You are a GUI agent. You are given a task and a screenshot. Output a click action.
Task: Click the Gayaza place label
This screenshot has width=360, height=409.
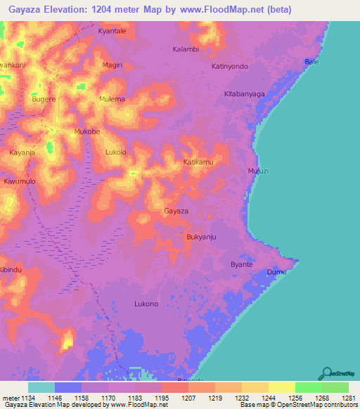pyautogui.click(x=176, y=211)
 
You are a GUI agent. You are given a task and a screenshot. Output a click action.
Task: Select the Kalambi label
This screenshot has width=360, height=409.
pyautogui.click(x=186, y=49)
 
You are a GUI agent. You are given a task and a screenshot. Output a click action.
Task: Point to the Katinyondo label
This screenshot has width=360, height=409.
pyautogui.click(x=230, y=66)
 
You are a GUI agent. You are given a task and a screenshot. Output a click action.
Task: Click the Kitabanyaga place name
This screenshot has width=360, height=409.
pyautogui.click(x=244, y=93)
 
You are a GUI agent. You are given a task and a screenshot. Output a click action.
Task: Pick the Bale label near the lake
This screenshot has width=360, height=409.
pyautogui.click(x=311, y=63)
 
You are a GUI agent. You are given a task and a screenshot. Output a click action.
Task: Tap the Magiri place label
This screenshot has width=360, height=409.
pyautogui.click(x=112, y=65)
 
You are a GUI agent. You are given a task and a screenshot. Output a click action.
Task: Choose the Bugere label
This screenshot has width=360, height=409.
pyautogui.click(x=44, y=99)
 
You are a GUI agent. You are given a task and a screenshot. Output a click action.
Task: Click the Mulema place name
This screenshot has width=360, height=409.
pyautogui.click(x=112, y=99)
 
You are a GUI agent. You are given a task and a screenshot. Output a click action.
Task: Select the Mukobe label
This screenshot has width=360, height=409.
pyautogui.click(x=87, y=131)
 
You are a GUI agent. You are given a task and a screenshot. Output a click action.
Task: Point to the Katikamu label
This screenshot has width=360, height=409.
pyautogui.click(x=198, y=162)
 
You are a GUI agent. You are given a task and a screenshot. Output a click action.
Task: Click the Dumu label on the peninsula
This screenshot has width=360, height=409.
pyautogui.click(x=277, y=272)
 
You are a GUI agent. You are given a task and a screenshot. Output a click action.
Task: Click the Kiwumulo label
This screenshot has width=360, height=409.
pyautogui.click(x=20, y=181)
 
